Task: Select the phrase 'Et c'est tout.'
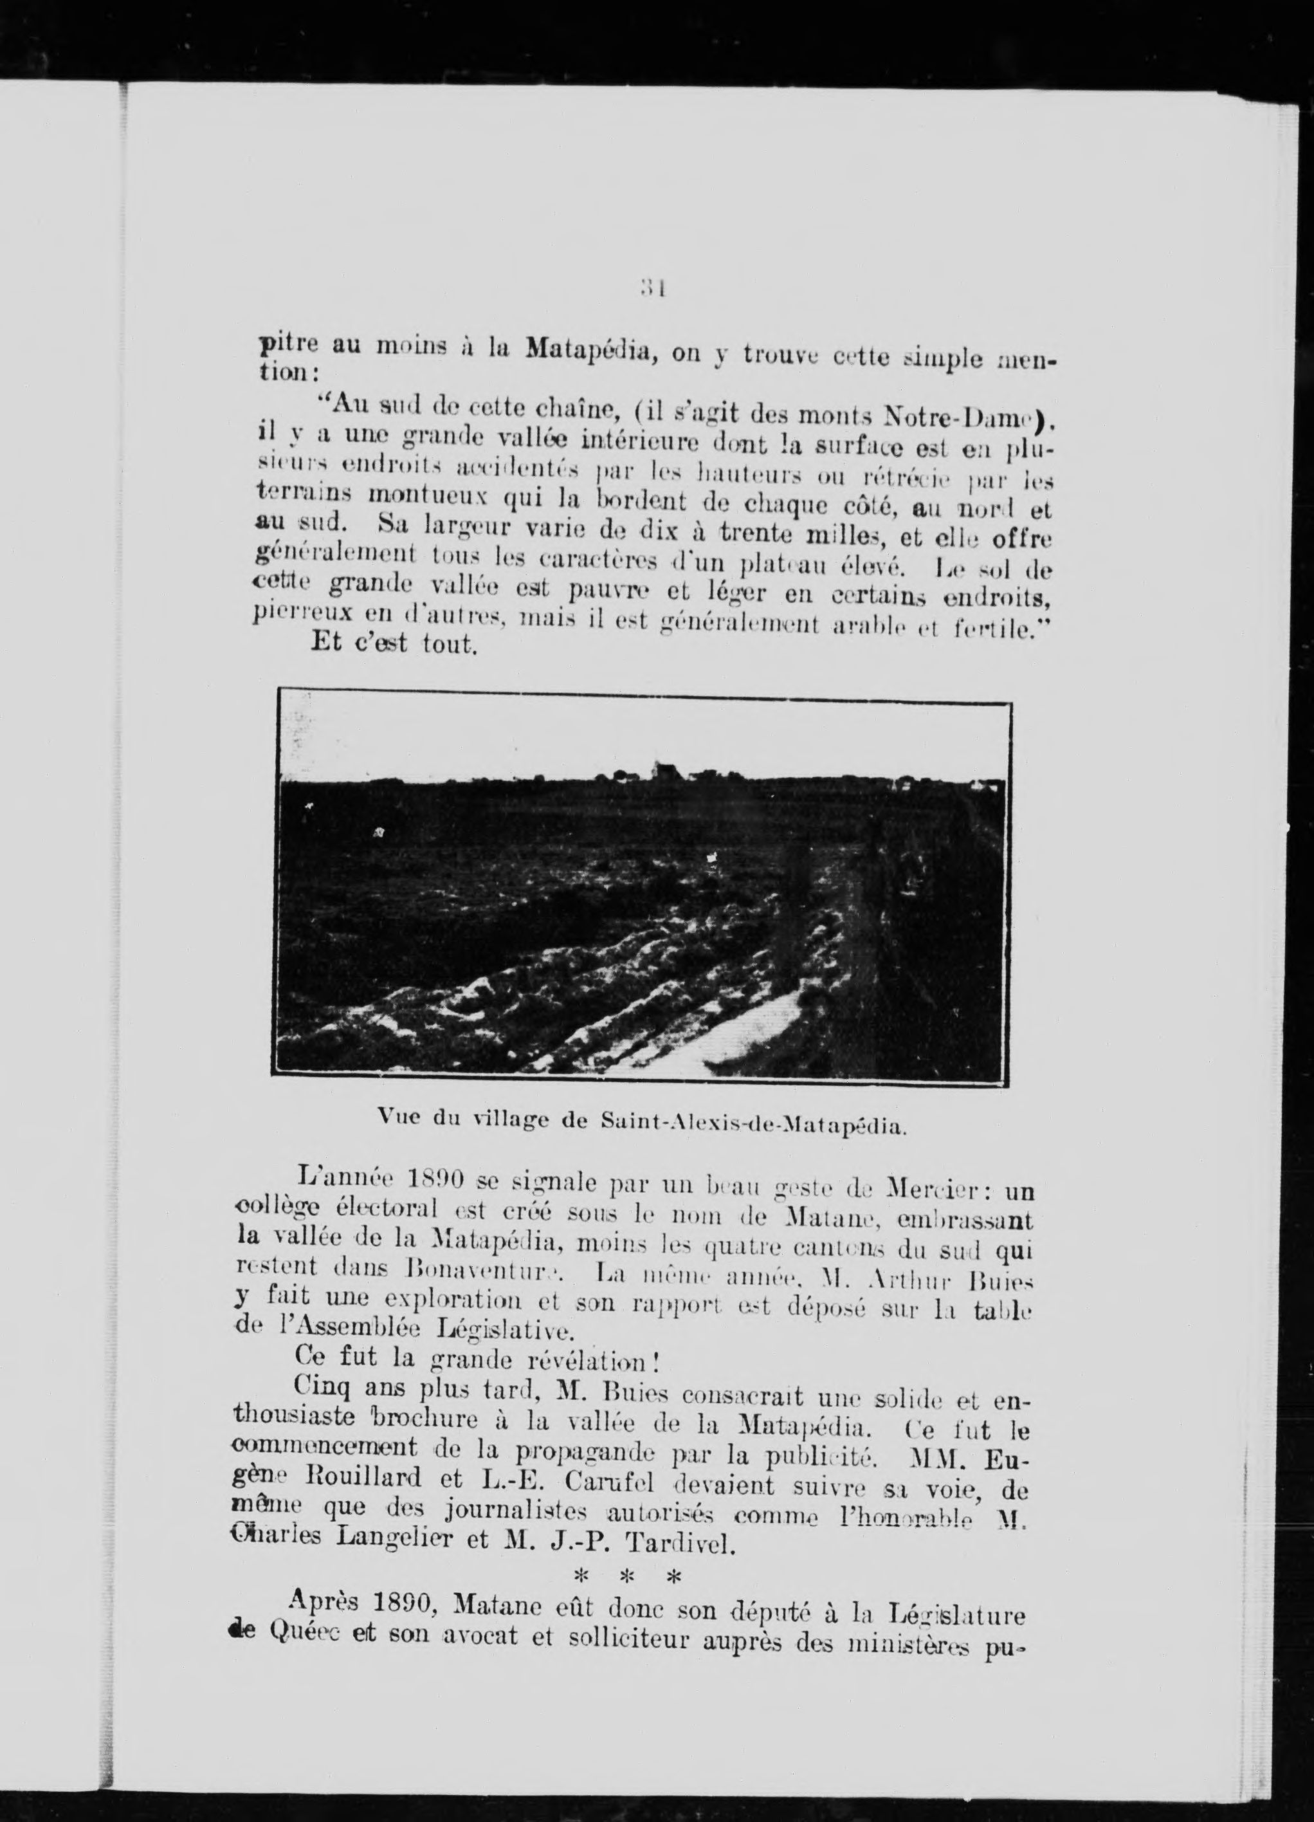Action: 394,644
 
